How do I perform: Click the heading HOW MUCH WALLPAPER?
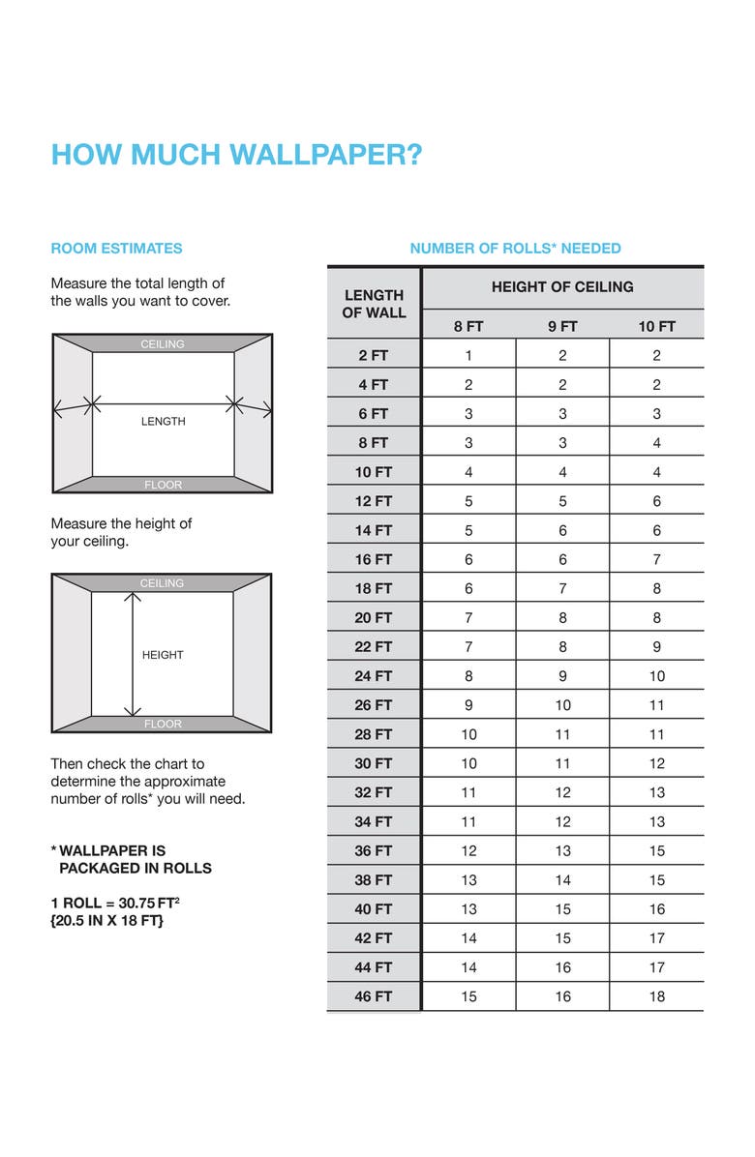tap(236, 155)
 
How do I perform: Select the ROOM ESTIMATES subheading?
tap(116, 249)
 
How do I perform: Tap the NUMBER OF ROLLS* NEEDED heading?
tap(515, 249)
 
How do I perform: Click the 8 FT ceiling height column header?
tap(468, 326)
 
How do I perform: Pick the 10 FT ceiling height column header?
tap(656, 326)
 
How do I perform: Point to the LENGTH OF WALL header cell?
tap(374, 304)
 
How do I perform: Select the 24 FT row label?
tap(374, 676)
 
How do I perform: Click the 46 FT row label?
tap(374, 996)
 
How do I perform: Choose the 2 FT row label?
tap(374, 355)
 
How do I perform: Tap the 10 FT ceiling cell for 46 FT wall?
tap(657, 996)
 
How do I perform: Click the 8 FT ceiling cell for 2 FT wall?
tap(468, 355)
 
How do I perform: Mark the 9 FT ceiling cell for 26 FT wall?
tap(562, 705)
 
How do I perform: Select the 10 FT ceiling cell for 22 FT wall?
tap(657, 646)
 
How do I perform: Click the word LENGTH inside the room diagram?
tap(163, 422)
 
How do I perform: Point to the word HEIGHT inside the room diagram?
tap(163, 655)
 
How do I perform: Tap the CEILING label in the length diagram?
tap(163, 344)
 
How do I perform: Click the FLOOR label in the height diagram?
tap(163, 724)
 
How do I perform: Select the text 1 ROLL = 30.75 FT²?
tap(115, 903)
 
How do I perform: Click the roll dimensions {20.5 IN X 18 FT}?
tap(107, 920)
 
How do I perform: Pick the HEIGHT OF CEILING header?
tap(562, 287)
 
